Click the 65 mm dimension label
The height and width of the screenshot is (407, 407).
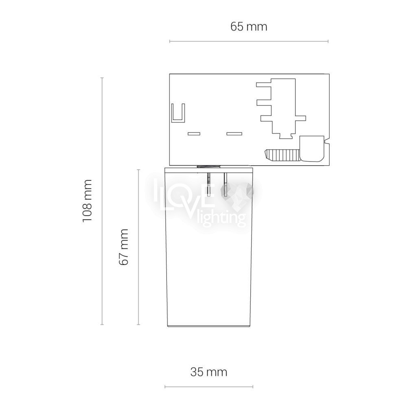(249, 27)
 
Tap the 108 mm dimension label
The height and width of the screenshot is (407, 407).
(87, 201)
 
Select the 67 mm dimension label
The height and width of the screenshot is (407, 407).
(124, 247)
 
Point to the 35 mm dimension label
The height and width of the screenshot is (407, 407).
(209, 372)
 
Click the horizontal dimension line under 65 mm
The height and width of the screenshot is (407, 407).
(249, 41)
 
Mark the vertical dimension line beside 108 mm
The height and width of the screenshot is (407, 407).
(102, 201)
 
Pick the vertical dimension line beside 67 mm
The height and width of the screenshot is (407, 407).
(139, 247)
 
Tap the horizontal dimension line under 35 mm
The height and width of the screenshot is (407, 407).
(209, 387)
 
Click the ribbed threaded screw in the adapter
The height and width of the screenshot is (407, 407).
(282, 155)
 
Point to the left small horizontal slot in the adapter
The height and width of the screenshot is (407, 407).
(194, 133)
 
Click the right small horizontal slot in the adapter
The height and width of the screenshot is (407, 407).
(234, 133)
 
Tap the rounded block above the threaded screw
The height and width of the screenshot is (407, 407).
(312, 149)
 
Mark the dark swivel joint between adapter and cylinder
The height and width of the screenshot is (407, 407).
(209, 166)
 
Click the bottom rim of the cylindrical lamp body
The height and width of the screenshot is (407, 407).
(209, 326)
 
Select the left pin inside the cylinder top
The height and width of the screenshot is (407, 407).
(209, 185)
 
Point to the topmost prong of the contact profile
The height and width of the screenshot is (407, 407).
(263, 85)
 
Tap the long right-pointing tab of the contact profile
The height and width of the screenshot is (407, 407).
(300, 118)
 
